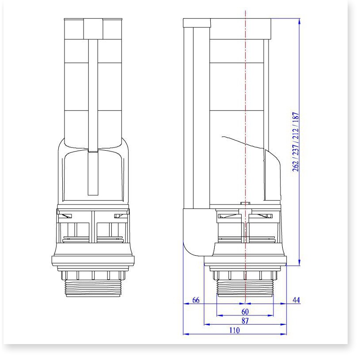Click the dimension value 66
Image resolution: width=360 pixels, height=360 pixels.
pos(196,300)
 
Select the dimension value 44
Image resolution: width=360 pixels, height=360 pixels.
pos(296,300)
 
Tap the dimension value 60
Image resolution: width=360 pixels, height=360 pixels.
pos(245,311)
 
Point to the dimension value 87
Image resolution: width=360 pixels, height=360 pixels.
pos(245,321)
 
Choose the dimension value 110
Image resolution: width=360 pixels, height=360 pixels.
pos(235,330)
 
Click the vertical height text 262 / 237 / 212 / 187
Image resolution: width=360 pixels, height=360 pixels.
pos(296,142)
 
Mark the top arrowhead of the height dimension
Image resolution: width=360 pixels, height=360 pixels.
pos(299,21)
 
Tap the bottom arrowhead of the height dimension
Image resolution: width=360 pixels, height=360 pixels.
pos(299,263)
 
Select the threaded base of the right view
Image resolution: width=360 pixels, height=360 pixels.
pos(245,288)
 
